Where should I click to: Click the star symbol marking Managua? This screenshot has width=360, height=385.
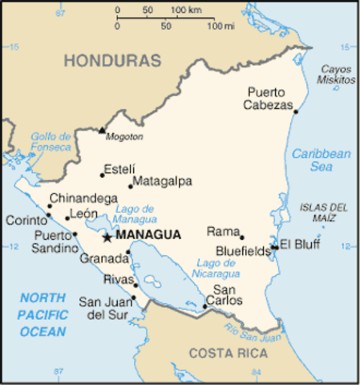[x=107, y=237]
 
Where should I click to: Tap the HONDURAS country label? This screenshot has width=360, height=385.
[x=113, y=60]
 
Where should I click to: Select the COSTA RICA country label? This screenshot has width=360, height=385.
[x=225, y=353]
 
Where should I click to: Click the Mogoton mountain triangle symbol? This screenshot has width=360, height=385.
[x=102, y=130]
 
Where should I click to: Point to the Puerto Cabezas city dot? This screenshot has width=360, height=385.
[x=296, y=111]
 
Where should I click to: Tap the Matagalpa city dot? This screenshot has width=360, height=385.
[x=131, y=187]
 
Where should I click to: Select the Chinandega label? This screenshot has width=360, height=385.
[x=83, y=198]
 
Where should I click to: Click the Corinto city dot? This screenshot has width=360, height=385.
[x=48, y=215]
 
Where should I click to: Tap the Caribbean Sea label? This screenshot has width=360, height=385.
[x=322, y=160]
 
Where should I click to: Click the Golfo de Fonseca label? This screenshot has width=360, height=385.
[x=52, y=142]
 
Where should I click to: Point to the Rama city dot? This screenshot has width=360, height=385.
[x=242, y=237]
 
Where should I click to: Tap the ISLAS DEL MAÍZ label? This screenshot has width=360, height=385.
[x=323, y=213]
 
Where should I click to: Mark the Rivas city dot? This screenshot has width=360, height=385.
[x=136, y=285]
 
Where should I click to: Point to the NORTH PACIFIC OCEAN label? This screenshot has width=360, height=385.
[x=43, y=314]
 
